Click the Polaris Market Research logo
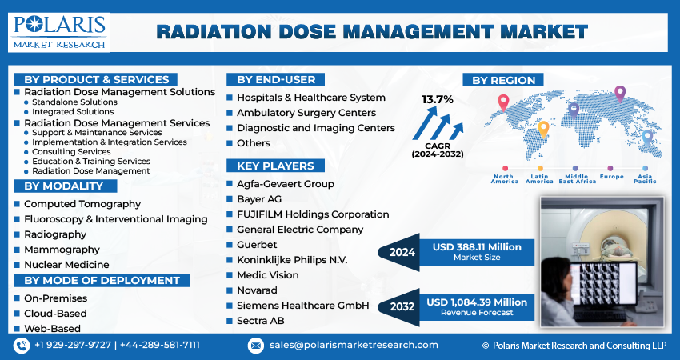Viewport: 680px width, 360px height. (x=59, y=32)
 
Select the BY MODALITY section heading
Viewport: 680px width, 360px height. (x=64, y=186)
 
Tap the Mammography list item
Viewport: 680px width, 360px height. (x=62, y=250)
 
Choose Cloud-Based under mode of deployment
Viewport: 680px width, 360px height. (x=55, y=313)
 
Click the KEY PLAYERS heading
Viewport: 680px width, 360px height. (x=275, y=166)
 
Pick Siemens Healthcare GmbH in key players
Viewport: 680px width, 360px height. (x=302, y=306)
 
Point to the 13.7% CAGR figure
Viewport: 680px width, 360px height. (x=438, y=100)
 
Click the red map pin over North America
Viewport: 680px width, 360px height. (x=503, y=103)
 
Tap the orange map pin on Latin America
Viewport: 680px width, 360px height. (x=543, y=130)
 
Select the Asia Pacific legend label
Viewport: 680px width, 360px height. (x=645, y=178)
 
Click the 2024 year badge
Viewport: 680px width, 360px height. (x=402, y=253)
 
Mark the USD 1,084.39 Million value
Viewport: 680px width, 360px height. (x=477, y=302)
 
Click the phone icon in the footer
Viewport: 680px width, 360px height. (x=21, y=346)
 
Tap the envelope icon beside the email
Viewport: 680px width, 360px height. (x=256, y=346)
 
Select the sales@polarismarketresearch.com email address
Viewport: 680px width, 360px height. (x=354, y=346)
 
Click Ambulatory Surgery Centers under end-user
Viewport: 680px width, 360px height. (x=306, y=113)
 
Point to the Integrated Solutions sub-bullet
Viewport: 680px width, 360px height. (x=73, y=111)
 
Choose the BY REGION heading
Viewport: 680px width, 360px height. (x=503, y=80)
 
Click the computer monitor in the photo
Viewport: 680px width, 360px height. (x=604, y=283)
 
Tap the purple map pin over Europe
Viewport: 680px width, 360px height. (x=620, y=94)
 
